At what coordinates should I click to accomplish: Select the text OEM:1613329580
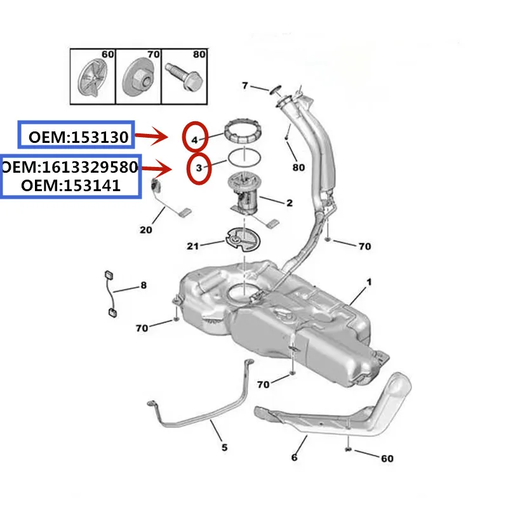[x=69, y=168]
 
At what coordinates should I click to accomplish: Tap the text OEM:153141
[x=70, y=185]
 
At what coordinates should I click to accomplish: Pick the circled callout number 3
[x=199, y=168]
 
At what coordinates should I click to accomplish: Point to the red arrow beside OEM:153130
[x=152, y=136]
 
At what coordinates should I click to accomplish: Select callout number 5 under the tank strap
[x=224, y=448]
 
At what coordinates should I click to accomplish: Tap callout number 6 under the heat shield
[x=294, y=457]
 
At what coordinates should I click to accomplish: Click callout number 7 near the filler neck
[x=246, y=86]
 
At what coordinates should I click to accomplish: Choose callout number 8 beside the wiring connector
[x=143, y=286]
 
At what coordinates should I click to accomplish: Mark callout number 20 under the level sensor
[x=145, y=230]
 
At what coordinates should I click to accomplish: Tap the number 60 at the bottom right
[x=386, y=458]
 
